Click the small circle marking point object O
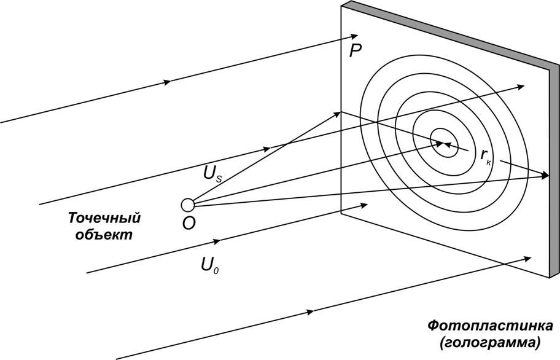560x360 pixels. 188,205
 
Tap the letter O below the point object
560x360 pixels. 189,224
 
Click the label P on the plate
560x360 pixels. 355,51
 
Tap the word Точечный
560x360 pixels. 104,218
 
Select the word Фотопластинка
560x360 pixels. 489,325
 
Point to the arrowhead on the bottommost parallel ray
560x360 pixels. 310,312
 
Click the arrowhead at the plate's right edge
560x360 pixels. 545,176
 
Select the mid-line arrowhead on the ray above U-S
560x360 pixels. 266,149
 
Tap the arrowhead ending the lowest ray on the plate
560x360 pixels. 529,258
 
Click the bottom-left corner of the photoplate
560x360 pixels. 341,213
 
